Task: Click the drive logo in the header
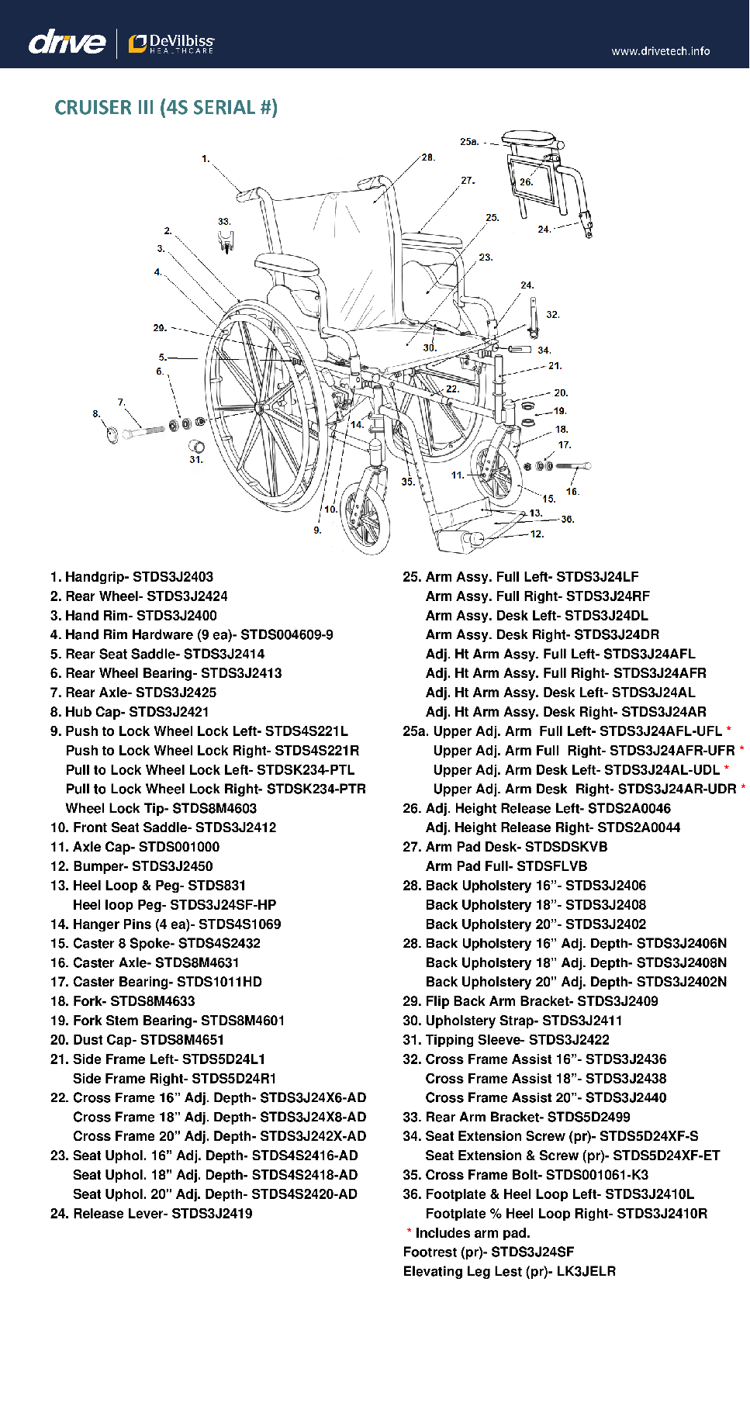click(x=67, y=42)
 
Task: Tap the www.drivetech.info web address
click(x=660, y=51)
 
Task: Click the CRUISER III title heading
click(x=165, y=107)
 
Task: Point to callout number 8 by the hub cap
click(x=96, y=414)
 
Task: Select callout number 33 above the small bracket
click(x=223, y=222)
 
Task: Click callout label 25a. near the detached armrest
click(x=468, y=142)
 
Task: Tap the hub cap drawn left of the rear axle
click(x=112, y=434)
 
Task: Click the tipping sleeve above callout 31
click(x=197, y=446)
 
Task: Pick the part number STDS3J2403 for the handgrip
click(x=172, y=577)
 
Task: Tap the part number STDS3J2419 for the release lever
click(x=212, y=1214)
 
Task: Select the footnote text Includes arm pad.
click(x=472, y=1233)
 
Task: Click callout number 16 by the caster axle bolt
click(x=572, y=492)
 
